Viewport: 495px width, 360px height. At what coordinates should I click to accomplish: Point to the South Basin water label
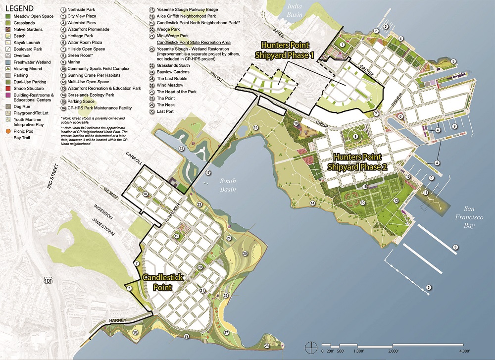(x=229, y=185)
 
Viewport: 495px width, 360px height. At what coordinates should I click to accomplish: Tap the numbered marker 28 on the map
(x=267, y=346)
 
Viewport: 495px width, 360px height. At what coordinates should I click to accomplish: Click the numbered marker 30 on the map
(x=135, y=332)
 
